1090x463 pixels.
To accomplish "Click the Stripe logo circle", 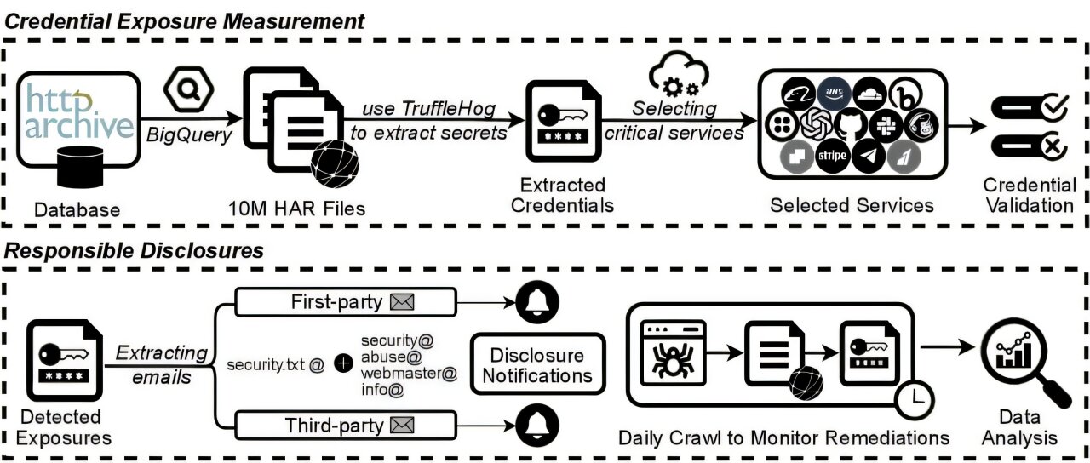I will pyautogui.click(x=831, y=156).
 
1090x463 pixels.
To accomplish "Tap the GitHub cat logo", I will pyautogui.click(x=842, y=124).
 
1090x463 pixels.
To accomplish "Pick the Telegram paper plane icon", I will pyautogui.click(x=869, y=156).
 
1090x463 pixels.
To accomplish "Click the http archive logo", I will pyautogui.click(x=78, y=110).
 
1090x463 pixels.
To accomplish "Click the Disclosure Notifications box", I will pyautogui.click(x=536, y=364).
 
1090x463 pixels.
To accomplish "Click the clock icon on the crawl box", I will pyautogui.click(x=914, y=397).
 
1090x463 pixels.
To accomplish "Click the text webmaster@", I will pyautogui.click(x=409, y=374).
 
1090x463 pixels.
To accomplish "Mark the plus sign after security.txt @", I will pyautogui.click(x=343, y=364).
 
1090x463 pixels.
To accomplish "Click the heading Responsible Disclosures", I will pyautogui.click(x=135, y=250).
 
